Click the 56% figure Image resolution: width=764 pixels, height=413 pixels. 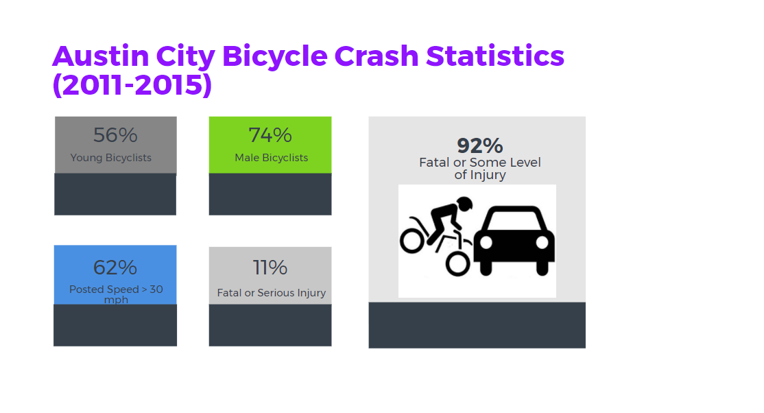point(115,135)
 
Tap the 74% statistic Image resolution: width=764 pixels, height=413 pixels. point(270,135)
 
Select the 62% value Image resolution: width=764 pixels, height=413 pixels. point(115,267)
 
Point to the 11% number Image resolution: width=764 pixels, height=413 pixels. point(270,267)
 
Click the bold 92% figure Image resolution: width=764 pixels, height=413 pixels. point(480,145)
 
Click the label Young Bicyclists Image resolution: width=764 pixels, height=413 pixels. point(111,158)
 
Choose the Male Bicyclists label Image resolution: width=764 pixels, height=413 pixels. point(272,158)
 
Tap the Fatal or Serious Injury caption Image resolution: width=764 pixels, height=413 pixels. point(272,293)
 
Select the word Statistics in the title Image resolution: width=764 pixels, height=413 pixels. point(495,56)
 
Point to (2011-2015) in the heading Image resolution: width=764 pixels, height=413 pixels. point(132,84)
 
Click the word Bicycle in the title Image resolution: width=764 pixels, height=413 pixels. point(275,56)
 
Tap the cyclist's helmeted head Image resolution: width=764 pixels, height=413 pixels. point(464,204)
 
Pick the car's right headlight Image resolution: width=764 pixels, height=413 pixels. point(542,242)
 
